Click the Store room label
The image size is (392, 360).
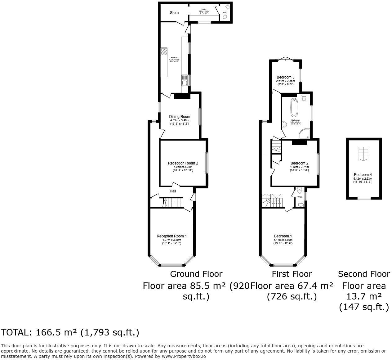(174, 13)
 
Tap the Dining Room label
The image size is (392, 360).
(180, 117)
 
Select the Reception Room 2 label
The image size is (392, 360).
(183, 163)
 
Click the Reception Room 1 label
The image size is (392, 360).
(171, 236)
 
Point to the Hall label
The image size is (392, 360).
(173, 191)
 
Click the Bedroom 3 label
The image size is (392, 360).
(285, 77)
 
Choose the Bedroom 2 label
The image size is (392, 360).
(299, 163)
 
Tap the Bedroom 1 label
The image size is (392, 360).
(283, 236)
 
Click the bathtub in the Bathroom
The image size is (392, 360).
(294, 107)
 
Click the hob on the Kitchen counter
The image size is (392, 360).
(164, 52)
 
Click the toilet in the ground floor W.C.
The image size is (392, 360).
(225, 17)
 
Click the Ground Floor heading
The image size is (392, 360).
(196, 274)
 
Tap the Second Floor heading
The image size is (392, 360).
(364, 274)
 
